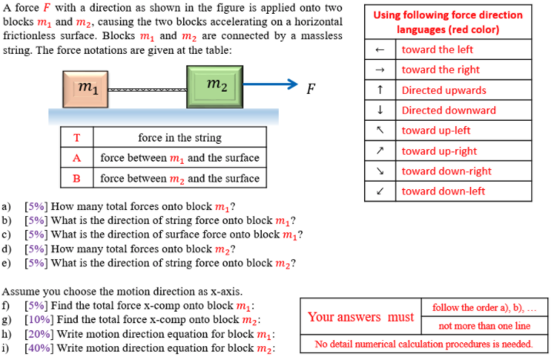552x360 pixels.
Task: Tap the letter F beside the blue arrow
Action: click(310, 87)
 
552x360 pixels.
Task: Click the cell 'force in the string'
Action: click(179, 138)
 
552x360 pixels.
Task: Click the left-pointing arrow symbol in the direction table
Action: click(380, 50)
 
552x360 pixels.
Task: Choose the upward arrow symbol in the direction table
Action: click(380, 90)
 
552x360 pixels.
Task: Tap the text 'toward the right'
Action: click(440, 70)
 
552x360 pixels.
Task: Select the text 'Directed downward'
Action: click(449, 110)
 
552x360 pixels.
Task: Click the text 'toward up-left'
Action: click(436, 130)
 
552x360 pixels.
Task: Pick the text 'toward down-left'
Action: click(443, 191)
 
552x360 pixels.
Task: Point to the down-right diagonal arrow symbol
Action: click(380, 171)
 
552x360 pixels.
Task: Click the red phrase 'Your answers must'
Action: click(360, 317)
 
